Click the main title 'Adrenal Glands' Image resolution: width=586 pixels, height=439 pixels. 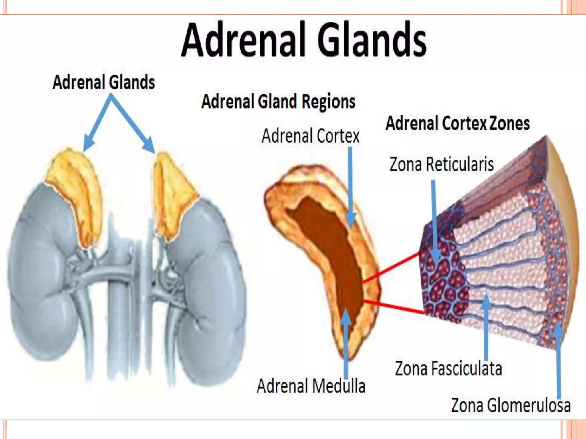[304, 40]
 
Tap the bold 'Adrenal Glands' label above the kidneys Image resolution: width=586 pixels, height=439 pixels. [104, 82]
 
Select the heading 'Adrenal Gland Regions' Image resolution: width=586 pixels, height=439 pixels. [278, 102]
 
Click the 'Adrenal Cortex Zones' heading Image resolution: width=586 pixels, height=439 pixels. [458, 123]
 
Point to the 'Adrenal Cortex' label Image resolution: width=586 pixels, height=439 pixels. [310, 136]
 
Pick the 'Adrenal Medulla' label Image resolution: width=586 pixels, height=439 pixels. [311, 386]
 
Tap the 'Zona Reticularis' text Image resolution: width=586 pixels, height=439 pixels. [442, 165]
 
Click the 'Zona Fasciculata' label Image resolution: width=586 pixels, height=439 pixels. [448, 368]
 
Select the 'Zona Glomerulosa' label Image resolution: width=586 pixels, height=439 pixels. [511, 405]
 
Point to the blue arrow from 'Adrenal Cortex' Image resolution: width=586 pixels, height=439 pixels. [350, 186]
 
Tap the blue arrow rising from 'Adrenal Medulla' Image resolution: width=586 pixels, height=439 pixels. [346, 343]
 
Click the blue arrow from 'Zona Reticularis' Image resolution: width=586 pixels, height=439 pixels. [434, 220]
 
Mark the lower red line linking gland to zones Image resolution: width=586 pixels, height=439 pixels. [393, 307]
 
